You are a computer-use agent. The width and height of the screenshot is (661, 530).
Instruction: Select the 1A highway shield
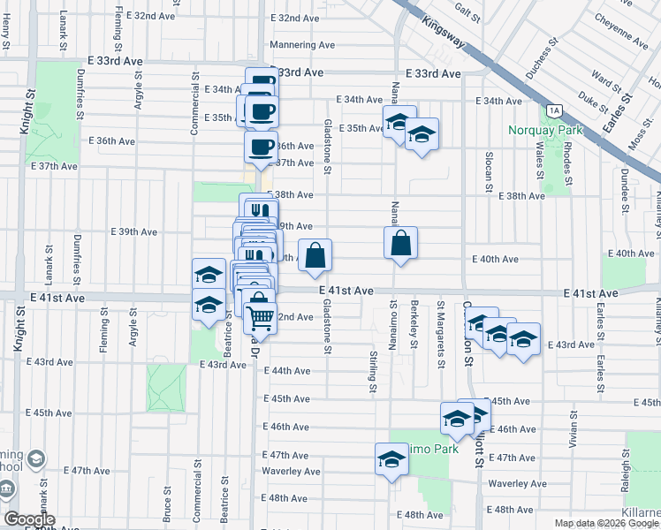coord(554,110)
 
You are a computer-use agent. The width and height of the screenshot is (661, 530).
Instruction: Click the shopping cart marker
coord(260,315)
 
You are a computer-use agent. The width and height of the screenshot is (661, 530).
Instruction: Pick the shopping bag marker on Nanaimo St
coord(400,243)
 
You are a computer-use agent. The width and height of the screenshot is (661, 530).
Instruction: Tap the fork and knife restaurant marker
coord(257,210)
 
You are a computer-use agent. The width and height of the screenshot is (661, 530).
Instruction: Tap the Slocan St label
coord(488,171)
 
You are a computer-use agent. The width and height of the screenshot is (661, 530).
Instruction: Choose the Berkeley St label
coord(414,325)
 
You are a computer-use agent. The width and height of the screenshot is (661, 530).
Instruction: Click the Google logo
coord(29,519)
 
